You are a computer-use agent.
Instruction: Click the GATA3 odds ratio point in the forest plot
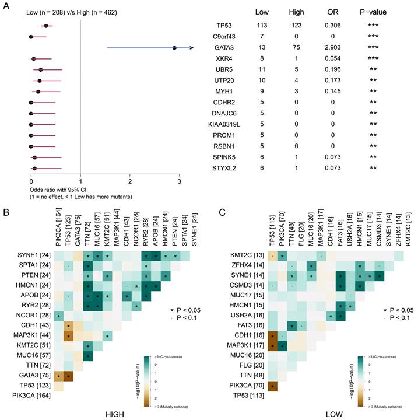tap(174, 48)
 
